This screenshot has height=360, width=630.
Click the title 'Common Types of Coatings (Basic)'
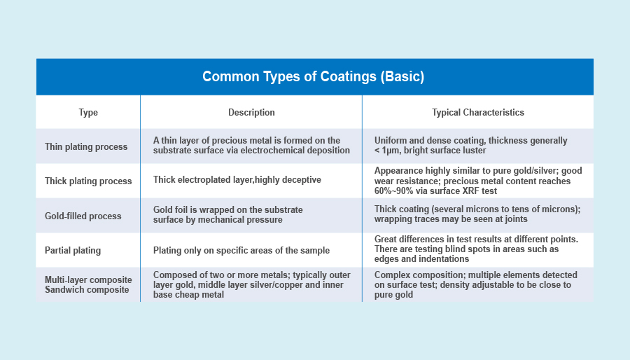coord(313,76)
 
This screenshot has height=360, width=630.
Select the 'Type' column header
coord(88,113)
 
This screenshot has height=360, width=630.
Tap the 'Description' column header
coord(251,113)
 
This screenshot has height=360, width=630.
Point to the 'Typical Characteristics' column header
coord(477,113)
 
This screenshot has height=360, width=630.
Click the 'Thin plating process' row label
coord(86,146)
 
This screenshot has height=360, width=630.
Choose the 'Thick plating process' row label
coord(88,181)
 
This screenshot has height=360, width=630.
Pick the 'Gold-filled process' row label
coord(83,216)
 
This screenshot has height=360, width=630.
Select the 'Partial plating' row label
coord(73,250)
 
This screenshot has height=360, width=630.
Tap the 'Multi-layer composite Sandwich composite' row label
coord(88,285)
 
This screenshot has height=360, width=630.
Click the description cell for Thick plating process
coord(237,179)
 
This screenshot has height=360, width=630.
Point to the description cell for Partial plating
coord(241,250)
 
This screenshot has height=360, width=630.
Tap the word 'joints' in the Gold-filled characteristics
coord(515,219)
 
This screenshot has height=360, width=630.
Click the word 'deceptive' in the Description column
coord(302,179)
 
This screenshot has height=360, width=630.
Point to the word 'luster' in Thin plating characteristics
coord(474,151)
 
